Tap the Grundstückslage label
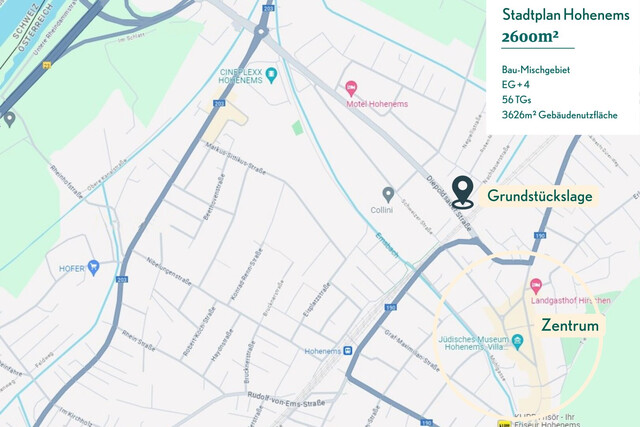[539, 197]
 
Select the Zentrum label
[569, 326]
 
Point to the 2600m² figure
[531, 37]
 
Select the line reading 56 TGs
[517, 100]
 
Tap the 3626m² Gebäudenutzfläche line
[559, 115]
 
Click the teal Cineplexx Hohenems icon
[271, 73]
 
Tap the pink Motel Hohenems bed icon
[350, 88]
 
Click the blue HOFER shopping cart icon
[94, 267]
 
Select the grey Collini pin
[388, 193]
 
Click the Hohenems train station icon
[347, 351]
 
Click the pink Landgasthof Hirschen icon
[535, 287]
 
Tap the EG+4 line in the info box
[517, 85]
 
